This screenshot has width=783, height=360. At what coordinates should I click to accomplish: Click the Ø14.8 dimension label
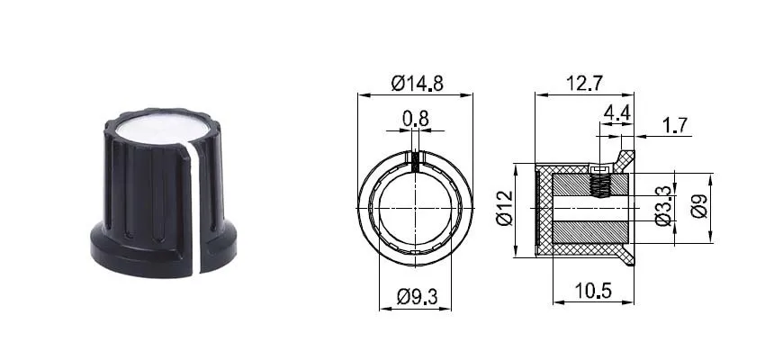(x=418, y=83)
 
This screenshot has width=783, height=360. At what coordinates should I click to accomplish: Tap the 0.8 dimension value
(x=416, y=119)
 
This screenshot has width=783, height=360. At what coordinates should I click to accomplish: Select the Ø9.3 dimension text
(x=417, y=297)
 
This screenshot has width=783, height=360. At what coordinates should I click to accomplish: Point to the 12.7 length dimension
(x=584, y=83)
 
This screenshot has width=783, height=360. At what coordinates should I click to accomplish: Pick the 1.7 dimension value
(x=675, y=125)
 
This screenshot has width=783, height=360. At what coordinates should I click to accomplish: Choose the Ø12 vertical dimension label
(x=505, y=209)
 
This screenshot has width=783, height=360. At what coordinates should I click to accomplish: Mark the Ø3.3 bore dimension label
(x=663, y=206)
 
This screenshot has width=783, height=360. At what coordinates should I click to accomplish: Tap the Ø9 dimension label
(x=699, y=206)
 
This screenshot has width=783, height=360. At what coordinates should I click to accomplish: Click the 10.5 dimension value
(x=593, y=291)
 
